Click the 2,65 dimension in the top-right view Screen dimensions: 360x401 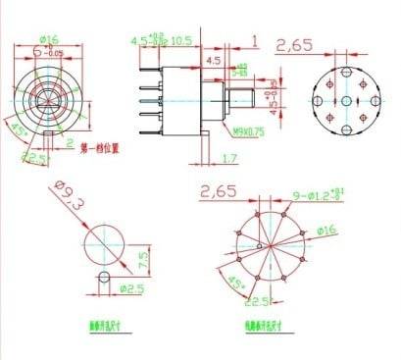coord(294,45)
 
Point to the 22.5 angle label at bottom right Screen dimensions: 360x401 coord(258,301)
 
